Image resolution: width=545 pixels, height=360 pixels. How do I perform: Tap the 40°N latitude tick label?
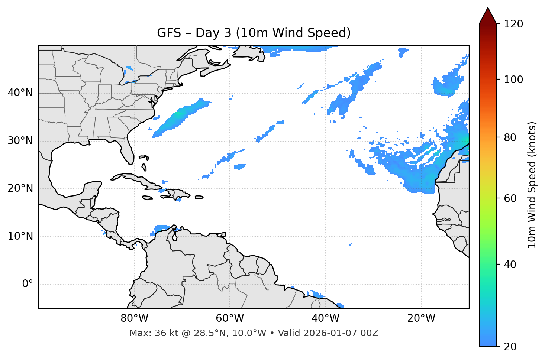point(20,93)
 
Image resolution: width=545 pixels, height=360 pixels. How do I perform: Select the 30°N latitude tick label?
point(20,141)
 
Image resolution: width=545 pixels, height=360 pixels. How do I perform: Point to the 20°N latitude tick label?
point(20,188)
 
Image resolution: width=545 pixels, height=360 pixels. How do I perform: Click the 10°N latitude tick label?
point(20,236)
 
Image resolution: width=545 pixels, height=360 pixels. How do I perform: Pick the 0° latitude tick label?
point(27,284)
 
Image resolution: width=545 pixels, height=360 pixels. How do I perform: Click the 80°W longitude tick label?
point(134,318)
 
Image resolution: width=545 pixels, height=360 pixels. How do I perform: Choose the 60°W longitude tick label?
point(230,318)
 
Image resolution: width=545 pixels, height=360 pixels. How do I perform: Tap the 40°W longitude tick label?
point(325,318)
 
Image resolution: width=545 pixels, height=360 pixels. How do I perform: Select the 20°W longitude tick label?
point(421,318)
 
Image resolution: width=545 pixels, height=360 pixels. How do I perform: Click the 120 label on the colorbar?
point(513,24)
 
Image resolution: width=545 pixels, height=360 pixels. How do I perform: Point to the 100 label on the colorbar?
point(513,80)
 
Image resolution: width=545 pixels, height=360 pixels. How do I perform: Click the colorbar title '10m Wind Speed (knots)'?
point(532,185)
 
